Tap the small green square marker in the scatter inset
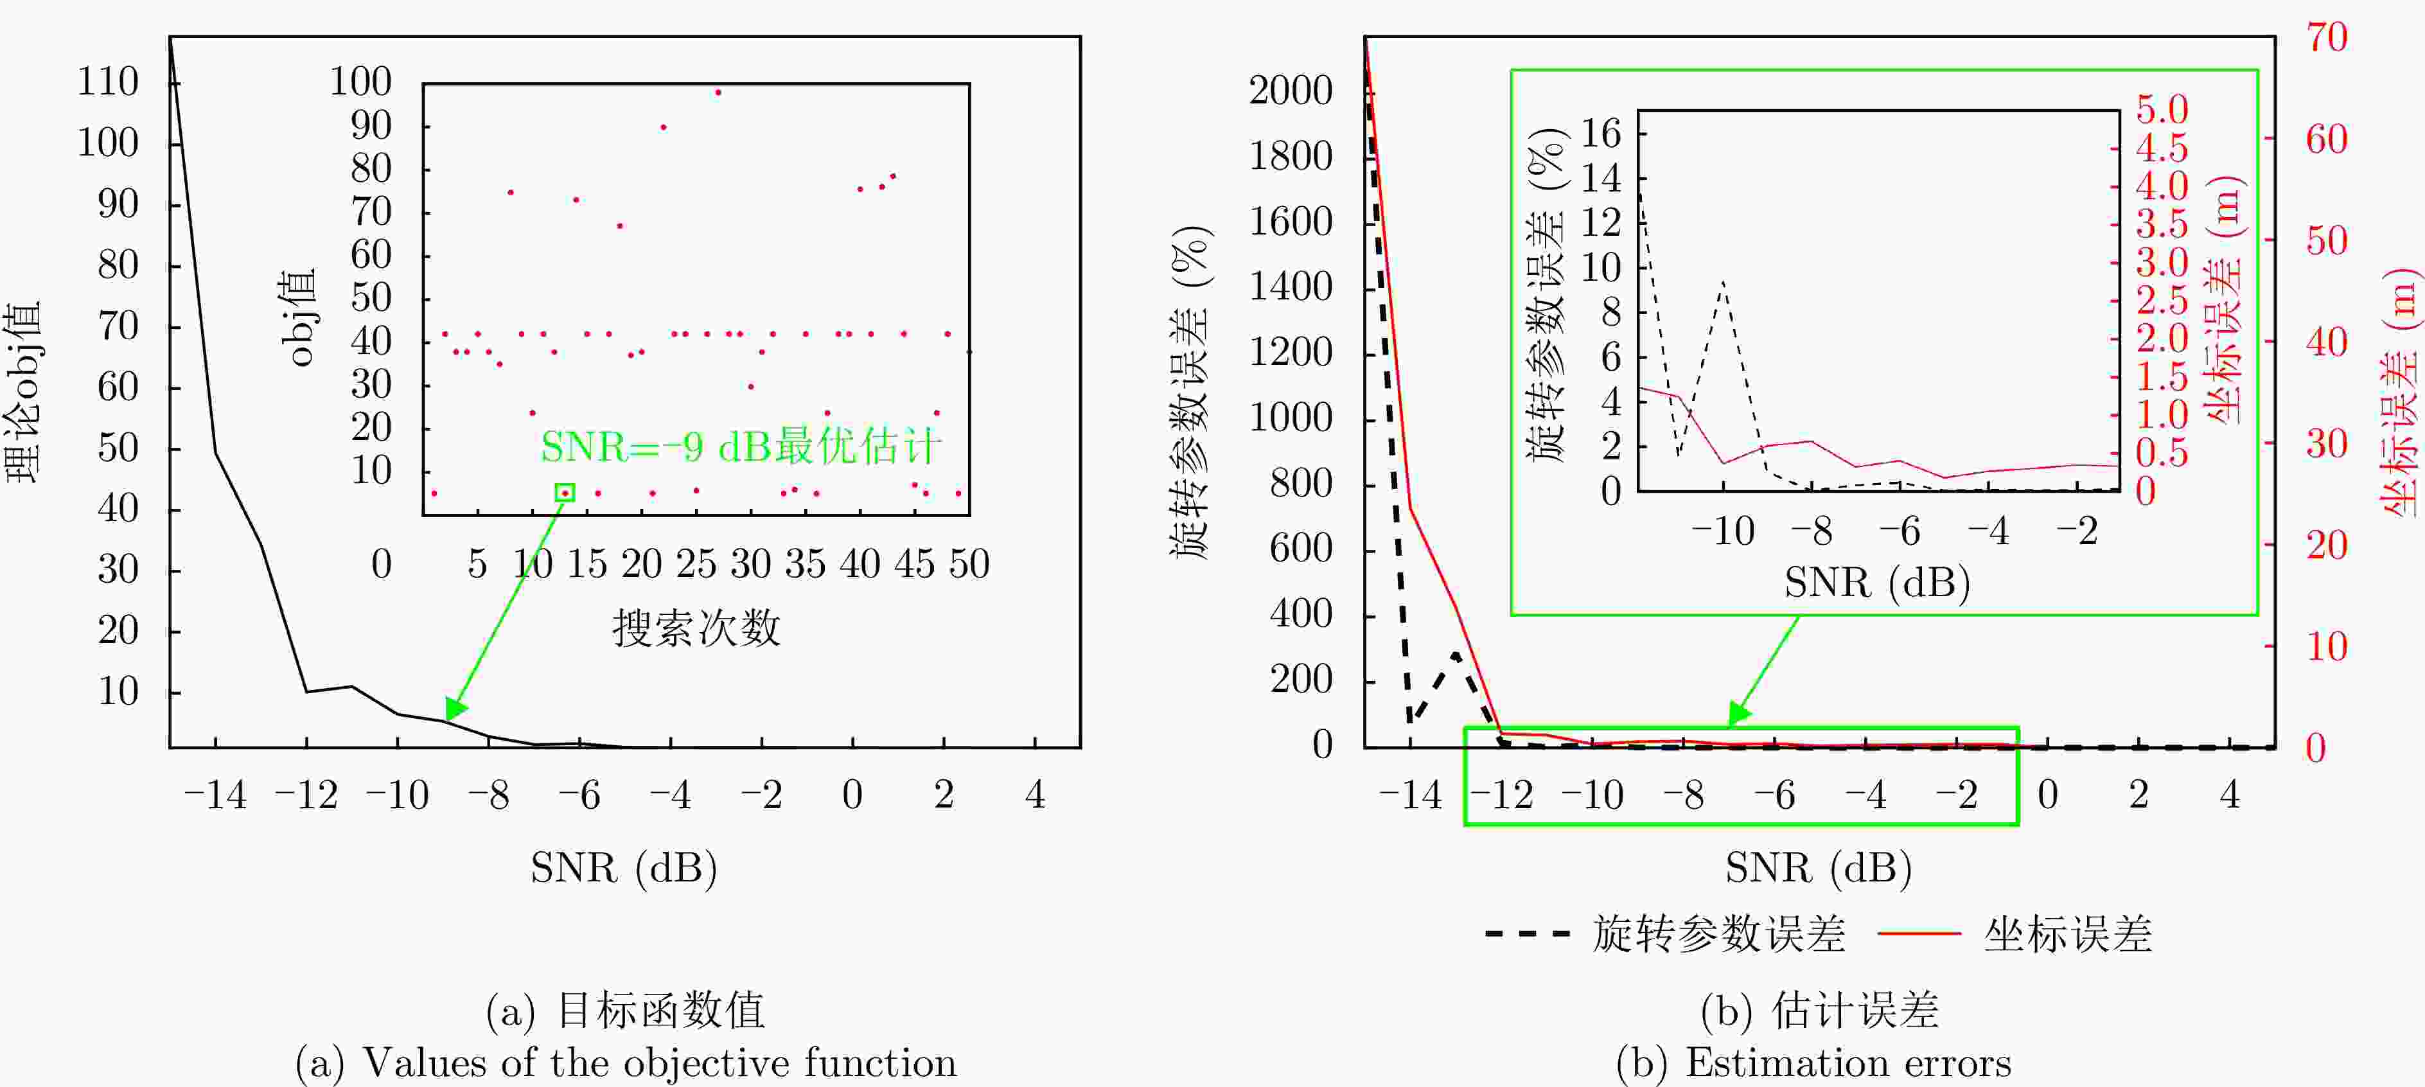pos(565,492)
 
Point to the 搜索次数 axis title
pos(696,628)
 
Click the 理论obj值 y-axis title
pos(24,391)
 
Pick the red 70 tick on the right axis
pos(2326,39)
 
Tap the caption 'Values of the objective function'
pos(659,1063)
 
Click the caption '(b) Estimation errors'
pos(1813,1063)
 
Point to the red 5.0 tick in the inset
pos(2162,110)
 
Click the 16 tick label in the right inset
pos(1600,134)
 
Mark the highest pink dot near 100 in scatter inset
pos(718,93)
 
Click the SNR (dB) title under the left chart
pos(623,868)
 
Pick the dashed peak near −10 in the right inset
pos(1723,282)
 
